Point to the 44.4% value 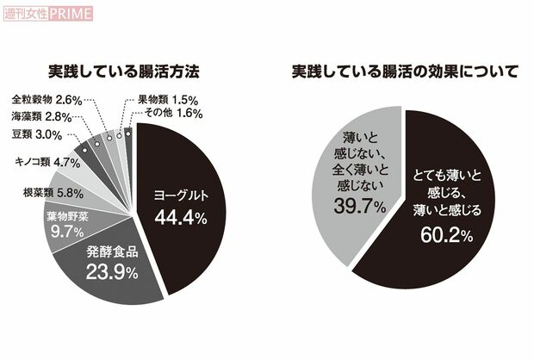pos(180,218)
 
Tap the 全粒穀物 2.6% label pos(47,100)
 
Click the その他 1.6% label pos(171,112)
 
